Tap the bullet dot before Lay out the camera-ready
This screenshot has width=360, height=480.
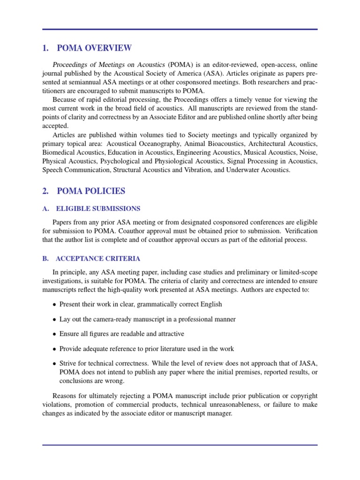(x=54, y=320)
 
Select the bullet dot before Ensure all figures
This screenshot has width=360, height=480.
(x=54, y=334)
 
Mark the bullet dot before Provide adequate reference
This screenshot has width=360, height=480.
(x=54, y=349)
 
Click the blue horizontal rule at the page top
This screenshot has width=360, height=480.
(x=180, y=30)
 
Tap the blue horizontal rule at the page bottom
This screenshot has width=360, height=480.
(x=180, y=445)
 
